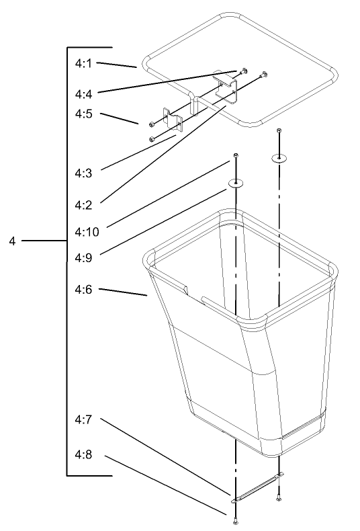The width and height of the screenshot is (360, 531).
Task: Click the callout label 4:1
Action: tap(83, 63)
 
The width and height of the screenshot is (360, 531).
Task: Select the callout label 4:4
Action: tap(83, 94)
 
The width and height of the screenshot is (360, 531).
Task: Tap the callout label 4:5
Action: tap(83, 114)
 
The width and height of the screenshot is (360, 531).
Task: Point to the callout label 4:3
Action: tap(83, 173)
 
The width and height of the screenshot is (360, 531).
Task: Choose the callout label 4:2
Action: tap(83, 205)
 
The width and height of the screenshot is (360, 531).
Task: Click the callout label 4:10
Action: tap(87, 232)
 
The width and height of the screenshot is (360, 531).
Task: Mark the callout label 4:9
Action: tap(83, 258)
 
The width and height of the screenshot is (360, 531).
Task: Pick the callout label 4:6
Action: tap(83, 290)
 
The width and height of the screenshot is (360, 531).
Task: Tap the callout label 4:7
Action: tap(83, 419)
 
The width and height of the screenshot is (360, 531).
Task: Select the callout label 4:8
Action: tap(83, 454)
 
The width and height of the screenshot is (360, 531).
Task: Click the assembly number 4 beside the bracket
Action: tap(12, 241)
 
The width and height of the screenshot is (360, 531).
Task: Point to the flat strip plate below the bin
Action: tap(257, 488)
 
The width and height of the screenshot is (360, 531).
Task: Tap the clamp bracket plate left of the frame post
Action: tap(173, 119)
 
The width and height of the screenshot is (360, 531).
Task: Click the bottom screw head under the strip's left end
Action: tap(235, 522)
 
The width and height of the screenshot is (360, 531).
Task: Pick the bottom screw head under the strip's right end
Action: tap(278, 498)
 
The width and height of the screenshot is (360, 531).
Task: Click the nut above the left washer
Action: tap(236, 155)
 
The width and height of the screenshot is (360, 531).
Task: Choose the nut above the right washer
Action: tap(279, 130)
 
